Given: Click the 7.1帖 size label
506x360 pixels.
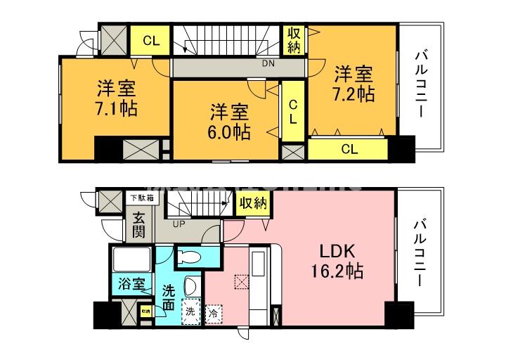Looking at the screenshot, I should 117,109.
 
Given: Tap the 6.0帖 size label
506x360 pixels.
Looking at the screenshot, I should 229,131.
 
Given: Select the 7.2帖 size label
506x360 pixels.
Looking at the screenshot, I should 353,92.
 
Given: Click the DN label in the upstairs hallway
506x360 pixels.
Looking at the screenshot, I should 268,63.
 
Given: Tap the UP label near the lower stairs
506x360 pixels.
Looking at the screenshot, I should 179,225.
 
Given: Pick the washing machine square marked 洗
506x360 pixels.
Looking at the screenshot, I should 190,310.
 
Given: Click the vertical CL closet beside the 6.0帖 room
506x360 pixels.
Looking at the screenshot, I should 292,112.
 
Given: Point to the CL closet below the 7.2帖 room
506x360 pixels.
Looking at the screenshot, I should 349,148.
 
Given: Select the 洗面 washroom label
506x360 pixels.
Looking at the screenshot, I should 169,297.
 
